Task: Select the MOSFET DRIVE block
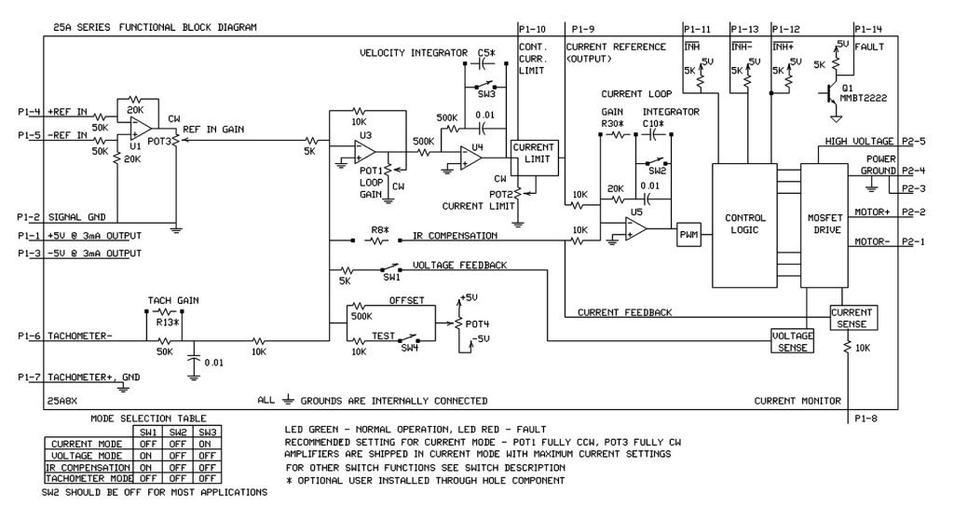coord(825,224)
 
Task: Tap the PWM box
coord(689,233)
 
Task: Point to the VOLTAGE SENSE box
coord(791,341)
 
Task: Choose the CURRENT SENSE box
coord(852,318)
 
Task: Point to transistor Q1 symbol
coord(833,93)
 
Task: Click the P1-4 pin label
coord(29,113)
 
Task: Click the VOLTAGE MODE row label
coord(87,455)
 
